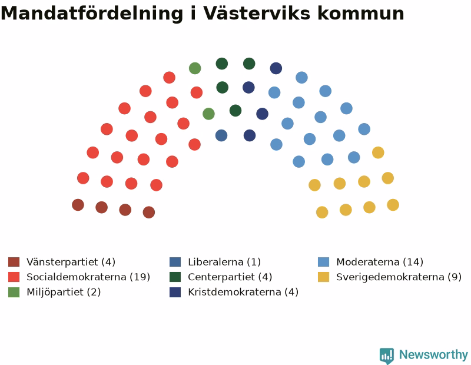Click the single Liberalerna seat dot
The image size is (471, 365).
(221, 135)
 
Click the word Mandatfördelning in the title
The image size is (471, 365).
(92, 13)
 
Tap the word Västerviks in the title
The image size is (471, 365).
(257, 13)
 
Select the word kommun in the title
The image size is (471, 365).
(361, 13)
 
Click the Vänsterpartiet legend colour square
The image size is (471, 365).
(14, 262)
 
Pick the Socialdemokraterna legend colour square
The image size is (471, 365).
(14, 277)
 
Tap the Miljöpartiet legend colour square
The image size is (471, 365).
(14, 292)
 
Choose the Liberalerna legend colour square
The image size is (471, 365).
(175, 262)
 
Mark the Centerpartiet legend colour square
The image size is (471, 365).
(175, 277)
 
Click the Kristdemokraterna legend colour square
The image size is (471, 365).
(175, 292)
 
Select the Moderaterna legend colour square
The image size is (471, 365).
(323, 262)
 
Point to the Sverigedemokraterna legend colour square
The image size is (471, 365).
(323, 277)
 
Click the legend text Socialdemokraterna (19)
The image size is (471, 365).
(88, 277)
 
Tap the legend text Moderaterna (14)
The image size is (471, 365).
(380, 262)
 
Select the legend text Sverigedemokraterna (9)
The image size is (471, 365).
(399, 277)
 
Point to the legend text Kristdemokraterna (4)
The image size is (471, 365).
(243, 292)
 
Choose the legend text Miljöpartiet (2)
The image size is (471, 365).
(64, 292)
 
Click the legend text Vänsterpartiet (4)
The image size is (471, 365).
(71, 262)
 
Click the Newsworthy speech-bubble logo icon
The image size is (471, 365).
(387, 356)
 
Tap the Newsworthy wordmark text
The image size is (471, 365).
(433, 355)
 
